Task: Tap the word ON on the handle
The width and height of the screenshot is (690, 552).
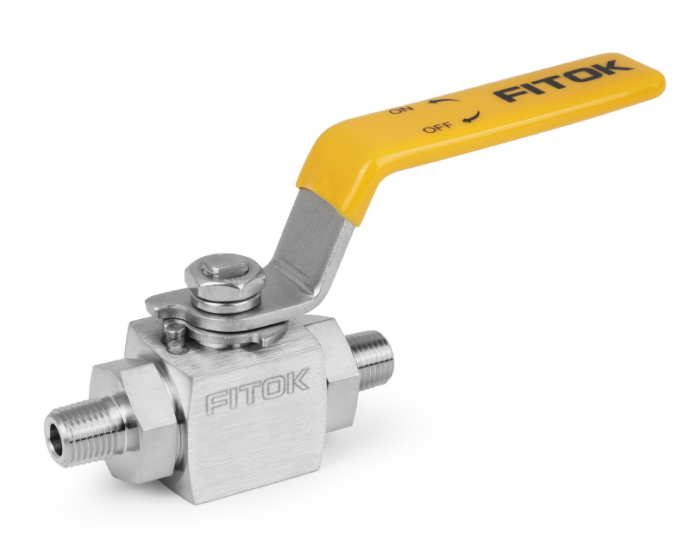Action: [x=401, y=110]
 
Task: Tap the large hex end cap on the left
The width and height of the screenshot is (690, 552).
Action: [x=129, y=405]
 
